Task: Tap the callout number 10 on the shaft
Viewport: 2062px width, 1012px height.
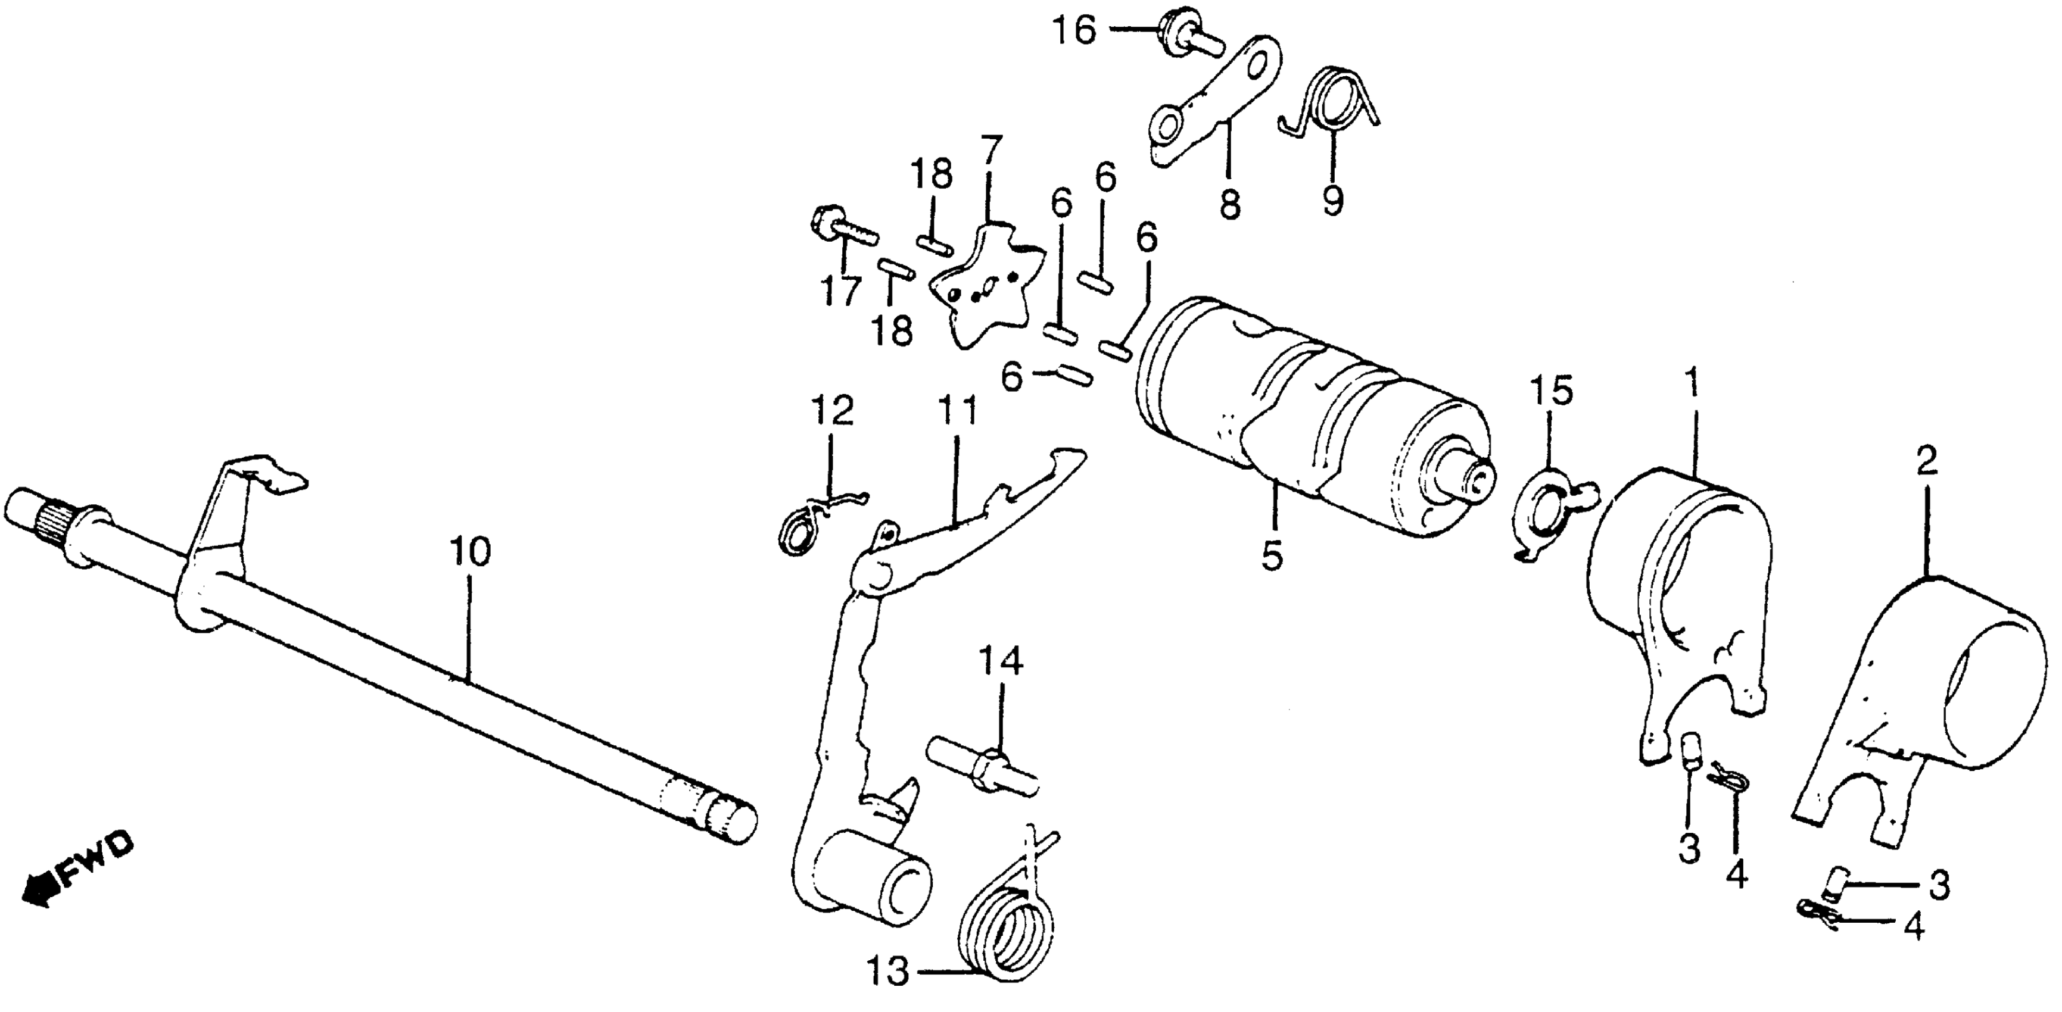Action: (470, 552)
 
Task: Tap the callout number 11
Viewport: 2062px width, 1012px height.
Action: (958, 412)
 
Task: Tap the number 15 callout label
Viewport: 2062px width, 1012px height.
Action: (1552, 392)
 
